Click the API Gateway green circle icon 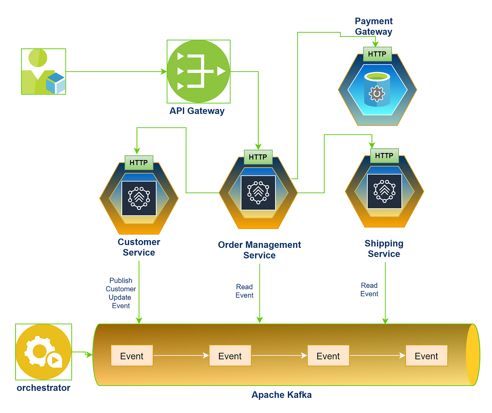198,71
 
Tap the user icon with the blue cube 43,72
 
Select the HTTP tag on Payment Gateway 377,54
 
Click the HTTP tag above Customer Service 139,163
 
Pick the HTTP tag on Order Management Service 258,157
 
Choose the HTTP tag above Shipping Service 384,156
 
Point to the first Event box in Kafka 132,356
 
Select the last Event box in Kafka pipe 426,356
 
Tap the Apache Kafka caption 281,395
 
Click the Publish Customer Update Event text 121,293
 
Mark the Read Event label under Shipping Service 369,289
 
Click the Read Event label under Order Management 245,291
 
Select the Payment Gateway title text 374,26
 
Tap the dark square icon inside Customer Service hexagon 139,198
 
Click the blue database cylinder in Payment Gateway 377,89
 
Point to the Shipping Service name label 384,249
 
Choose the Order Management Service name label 259,250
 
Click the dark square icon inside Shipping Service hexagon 384,191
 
